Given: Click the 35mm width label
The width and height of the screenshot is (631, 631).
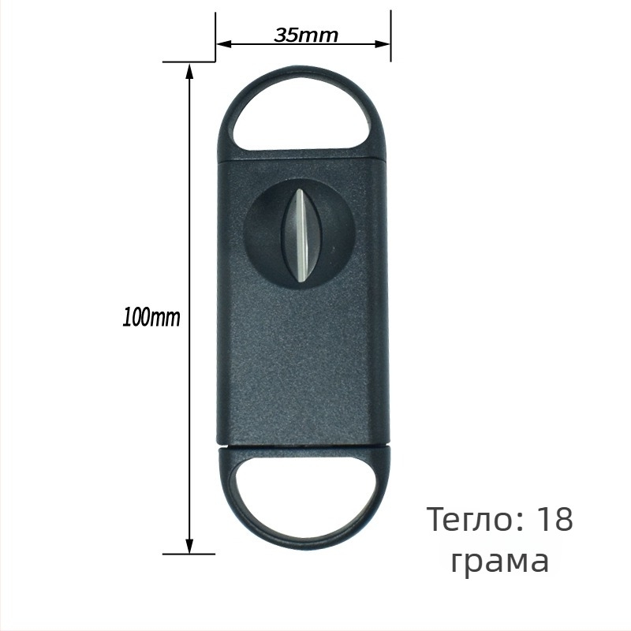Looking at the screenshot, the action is [x=306, y=35].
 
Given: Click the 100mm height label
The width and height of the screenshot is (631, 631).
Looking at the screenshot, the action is [x=151, y=317].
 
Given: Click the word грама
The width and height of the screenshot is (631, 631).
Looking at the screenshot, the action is [x=500, y=562].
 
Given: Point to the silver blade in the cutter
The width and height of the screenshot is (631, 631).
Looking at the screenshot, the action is [x=301, y=234].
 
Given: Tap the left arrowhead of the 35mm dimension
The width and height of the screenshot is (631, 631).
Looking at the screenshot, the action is [x=224, y=44].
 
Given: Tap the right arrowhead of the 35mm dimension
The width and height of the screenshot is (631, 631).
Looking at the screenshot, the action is [x=383, y=44].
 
